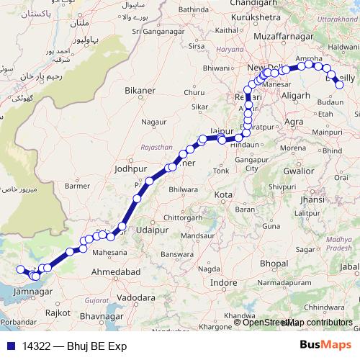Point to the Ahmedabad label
click(x=114, y=272)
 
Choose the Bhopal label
click(x=274, y=264)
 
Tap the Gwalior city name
click(x=298, y=171)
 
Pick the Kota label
click(x=223, y=194)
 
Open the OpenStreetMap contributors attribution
click(x=297, y=323)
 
